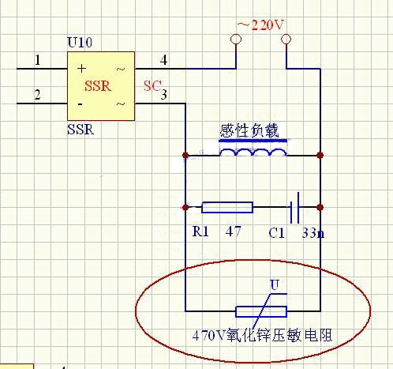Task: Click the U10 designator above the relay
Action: tap(80, 43)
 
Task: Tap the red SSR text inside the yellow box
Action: tap(98, 86)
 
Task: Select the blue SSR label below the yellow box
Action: tap(80, 130)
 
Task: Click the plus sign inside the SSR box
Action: tap(81, 69)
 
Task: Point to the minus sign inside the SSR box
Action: tap(80, 104)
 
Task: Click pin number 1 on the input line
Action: tap(38, 60)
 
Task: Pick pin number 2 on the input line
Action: tap(38, 95)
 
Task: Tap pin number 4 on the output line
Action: tap(163, 60)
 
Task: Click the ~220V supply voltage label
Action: tap(260, 25)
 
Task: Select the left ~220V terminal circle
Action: tap(236, 40)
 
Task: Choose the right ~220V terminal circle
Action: tap(286, 40)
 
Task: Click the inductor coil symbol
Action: tap(253, 152)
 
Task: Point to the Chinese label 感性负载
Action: tap(249, 130)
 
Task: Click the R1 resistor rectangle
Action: tap(227, 207)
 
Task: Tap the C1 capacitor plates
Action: tap(294, 208)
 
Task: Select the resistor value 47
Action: tap(233, 232)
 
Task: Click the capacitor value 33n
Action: tap(313, 233)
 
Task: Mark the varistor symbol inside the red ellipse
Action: tap(261, 308)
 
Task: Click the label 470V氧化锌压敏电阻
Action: tap(262, 335)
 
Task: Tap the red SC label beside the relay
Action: tap(152, 86)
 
